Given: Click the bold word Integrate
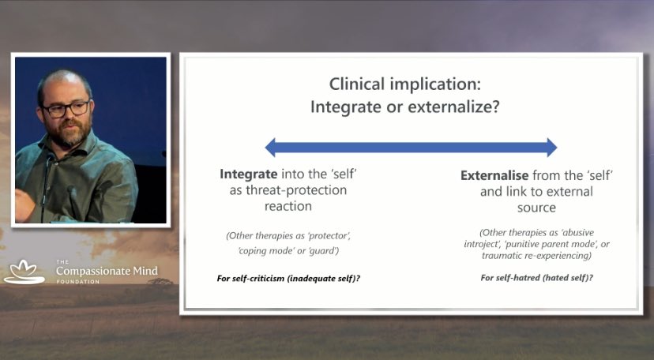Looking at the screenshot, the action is point(248,174).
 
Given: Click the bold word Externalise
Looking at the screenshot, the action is point(494,175).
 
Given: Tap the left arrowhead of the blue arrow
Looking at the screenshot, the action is point(271,148).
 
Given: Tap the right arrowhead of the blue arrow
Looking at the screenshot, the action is point(552,148).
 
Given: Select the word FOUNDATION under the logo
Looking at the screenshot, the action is point(78,282).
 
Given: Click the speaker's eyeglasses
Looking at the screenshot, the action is point(66,109).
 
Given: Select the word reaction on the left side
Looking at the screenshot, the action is point(288,206).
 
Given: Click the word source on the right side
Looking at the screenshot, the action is point(536,208).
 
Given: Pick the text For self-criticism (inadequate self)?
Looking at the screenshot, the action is point(288,279).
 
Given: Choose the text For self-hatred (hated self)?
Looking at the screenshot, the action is point(537,278).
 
